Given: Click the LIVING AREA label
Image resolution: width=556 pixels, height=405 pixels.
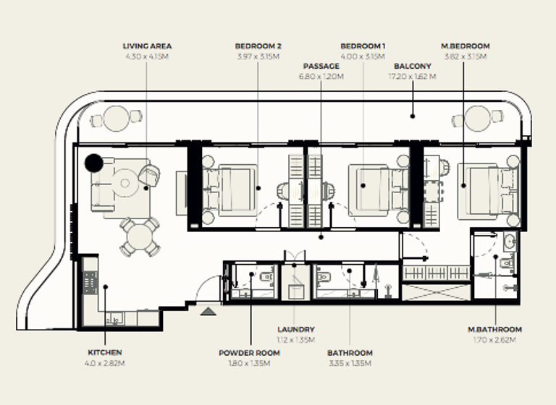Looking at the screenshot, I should (148, 46).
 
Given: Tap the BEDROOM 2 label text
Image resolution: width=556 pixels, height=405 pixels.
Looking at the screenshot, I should (258, 46).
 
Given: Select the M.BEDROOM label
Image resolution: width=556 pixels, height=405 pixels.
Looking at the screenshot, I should (466, 46).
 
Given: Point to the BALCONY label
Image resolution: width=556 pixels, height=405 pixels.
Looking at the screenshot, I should (413, 66).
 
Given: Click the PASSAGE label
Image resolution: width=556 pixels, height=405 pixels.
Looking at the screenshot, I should (321, 66).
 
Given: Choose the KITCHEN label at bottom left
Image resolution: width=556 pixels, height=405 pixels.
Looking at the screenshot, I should (105, 353).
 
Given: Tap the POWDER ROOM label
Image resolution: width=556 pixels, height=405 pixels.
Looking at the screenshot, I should (250, 353).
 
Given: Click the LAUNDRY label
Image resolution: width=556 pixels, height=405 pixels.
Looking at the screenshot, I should (295, 329).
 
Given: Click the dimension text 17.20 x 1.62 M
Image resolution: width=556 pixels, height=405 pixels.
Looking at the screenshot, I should (413, 76).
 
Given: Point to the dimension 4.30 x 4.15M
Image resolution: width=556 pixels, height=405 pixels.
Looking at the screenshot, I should (148, 56).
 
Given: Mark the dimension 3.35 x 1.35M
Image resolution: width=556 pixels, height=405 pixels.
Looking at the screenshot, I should (350, 363).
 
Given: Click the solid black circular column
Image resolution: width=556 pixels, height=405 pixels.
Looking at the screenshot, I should (93, 163).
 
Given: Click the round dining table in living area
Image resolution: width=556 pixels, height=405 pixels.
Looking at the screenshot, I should (140, 235).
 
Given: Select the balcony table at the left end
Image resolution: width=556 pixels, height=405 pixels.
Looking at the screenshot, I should (116, 117).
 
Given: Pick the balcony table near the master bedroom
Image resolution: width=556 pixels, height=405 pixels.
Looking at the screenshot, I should (478, 117).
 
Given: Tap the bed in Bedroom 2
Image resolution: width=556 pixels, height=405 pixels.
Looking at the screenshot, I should (232, 190).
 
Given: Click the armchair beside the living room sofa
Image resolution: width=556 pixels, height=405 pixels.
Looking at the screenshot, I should (149, 174).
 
